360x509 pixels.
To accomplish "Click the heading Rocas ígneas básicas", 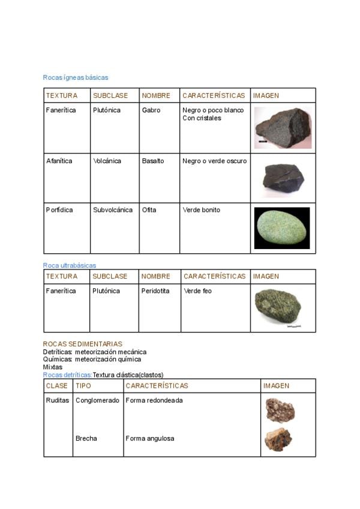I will pyautogui.click(x=75, y=77).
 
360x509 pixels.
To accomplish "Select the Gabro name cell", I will pyautogui.click(x=151, y=110).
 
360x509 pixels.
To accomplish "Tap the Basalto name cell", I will pyautogui.click(x=152, y=161).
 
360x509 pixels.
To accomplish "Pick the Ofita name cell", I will pyautogui.click(x=149, y=210).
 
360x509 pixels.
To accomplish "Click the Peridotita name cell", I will pyautogui.click(x=155, y=291).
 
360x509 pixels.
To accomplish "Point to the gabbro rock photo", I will pyautogui.click(x=283, y=127).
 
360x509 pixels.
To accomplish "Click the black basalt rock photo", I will pyautogui.click(x=283, y=178).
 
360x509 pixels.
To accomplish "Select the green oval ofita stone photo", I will pyautogui.click(x=282, y=228).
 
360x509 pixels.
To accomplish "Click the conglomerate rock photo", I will pyautogui.click(x=280, y=410).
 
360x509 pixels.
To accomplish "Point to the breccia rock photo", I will pyautogui.click(x=278, y=440).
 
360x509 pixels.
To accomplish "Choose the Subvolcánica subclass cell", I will pyautogui.click(x=113, y=210).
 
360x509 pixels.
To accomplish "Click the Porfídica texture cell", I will pyautogui.click(x=59, y=210).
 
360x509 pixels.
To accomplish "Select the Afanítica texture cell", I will pyautogui.click(x=59, y=161).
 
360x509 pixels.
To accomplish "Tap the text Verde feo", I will pyautogui.click(x=197, y=291).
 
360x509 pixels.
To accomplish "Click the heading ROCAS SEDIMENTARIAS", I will pyautogui.click(x=82, y=344).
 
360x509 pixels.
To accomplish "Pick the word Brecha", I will pyautogui.click(x=86, y=438).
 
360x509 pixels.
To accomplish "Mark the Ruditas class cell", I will pyautogui.click(x=58, y=400).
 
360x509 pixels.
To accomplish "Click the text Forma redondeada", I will pyautogui.click(x=154, y=400).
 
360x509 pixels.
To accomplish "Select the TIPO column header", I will pyautogui.click(x=83, y=386).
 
